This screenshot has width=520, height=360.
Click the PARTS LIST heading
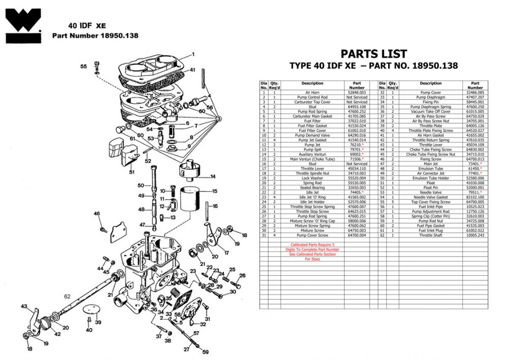click(x=373, y=54)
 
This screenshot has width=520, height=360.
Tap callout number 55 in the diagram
click(x=84, y=66)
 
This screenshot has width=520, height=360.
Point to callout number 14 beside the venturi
click(x=213, y=176)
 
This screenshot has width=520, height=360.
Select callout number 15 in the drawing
click(x=215, y=191)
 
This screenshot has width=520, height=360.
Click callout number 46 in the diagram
click(x=96, y=214)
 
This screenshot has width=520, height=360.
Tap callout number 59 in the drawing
click(x=205, y=352)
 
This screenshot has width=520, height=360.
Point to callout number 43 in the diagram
click(x=24, y=306)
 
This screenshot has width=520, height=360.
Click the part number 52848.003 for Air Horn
click(x=356, y=93)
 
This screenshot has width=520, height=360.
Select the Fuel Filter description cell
click(x=312, y=121)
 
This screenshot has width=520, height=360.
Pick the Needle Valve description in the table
click(x=431, y=193)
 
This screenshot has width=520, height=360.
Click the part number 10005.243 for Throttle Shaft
click(x=475, y=235)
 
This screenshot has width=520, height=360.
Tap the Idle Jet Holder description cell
click(x=312, y=202)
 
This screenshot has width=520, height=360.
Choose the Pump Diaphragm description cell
click(x=431, y=97)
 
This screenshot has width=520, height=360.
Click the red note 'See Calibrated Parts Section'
click(x=312, y=254)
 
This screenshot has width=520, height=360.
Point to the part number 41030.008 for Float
click(x=475, y=183)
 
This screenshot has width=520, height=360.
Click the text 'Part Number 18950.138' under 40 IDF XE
click(x=95, y=36)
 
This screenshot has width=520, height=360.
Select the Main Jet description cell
click(x=431, y=164)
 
